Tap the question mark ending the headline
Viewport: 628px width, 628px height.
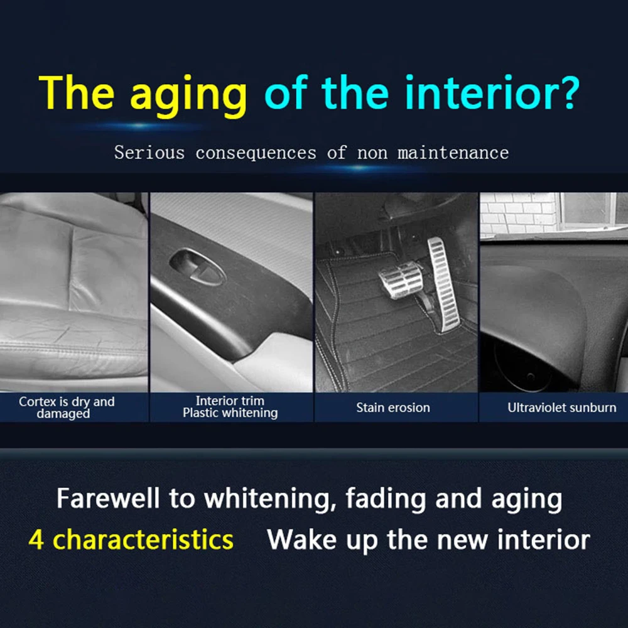click(x=569, y=92)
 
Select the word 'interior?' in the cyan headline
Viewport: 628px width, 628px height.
click(x=492, y=92)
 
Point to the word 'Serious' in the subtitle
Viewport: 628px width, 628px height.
click(x=149, y=153)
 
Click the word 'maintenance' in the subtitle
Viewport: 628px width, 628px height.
click(x=453, y=153)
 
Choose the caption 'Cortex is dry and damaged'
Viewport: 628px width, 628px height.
click(x=67, y=408)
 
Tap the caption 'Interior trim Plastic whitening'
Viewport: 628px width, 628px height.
click(x=230, y=406)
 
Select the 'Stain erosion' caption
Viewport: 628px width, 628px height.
click(x=393, y=408)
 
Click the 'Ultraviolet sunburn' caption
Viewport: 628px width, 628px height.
click(x=562, y=408)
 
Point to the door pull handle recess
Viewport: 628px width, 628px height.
click(x=197, y=267)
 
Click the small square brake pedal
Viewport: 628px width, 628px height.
click(x=399, y=279)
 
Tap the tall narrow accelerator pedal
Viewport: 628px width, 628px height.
click(x=444, y=284)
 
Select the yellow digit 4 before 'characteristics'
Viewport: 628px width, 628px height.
click(x=36, y=539)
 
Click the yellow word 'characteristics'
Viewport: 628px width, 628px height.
click(x=143, y=539)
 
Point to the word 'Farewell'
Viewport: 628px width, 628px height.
click(x=108, y=499)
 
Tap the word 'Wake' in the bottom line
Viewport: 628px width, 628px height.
click(x=301, y=539)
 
